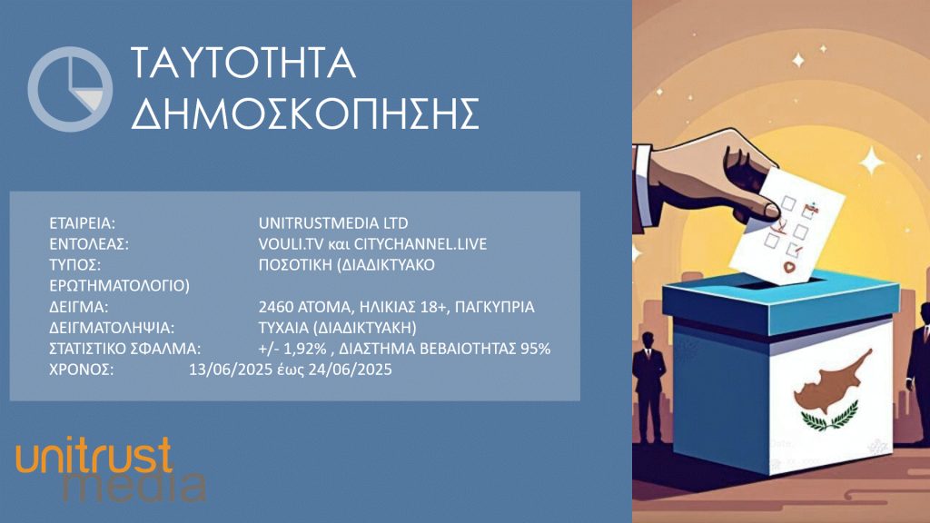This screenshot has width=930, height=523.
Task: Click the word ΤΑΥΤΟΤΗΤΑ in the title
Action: [243, 63]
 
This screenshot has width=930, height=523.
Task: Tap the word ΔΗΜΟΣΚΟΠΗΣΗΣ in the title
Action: [305, 113]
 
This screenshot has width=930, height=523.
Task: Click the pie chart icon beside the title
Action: [70, 89]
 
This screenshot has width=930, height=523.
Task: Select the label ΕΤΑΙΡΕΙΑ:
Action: [82, 223]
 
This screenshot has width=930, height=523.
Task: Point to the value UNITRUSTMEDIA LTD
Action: [333, 223]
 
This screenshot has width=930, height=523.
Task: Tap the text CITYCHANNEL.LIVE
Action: [420, 244]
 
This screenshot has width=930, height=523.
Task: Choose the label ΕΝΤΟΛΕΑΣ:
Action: [88, 244]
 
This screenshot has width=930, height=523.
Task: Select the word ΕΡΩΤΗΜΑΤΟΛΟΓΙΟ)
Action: [119, 286]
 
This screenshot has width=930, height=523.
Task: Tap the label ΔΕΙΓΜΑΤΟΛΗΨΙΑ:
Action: [112, 328]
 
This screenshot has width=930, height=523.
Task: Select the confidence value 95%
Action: [536, 349]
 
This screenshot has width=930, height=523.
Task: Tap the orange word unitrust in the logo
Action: [94, 456]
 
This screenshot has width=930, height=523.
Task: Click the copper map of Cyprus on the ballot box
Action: [831, 381]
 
